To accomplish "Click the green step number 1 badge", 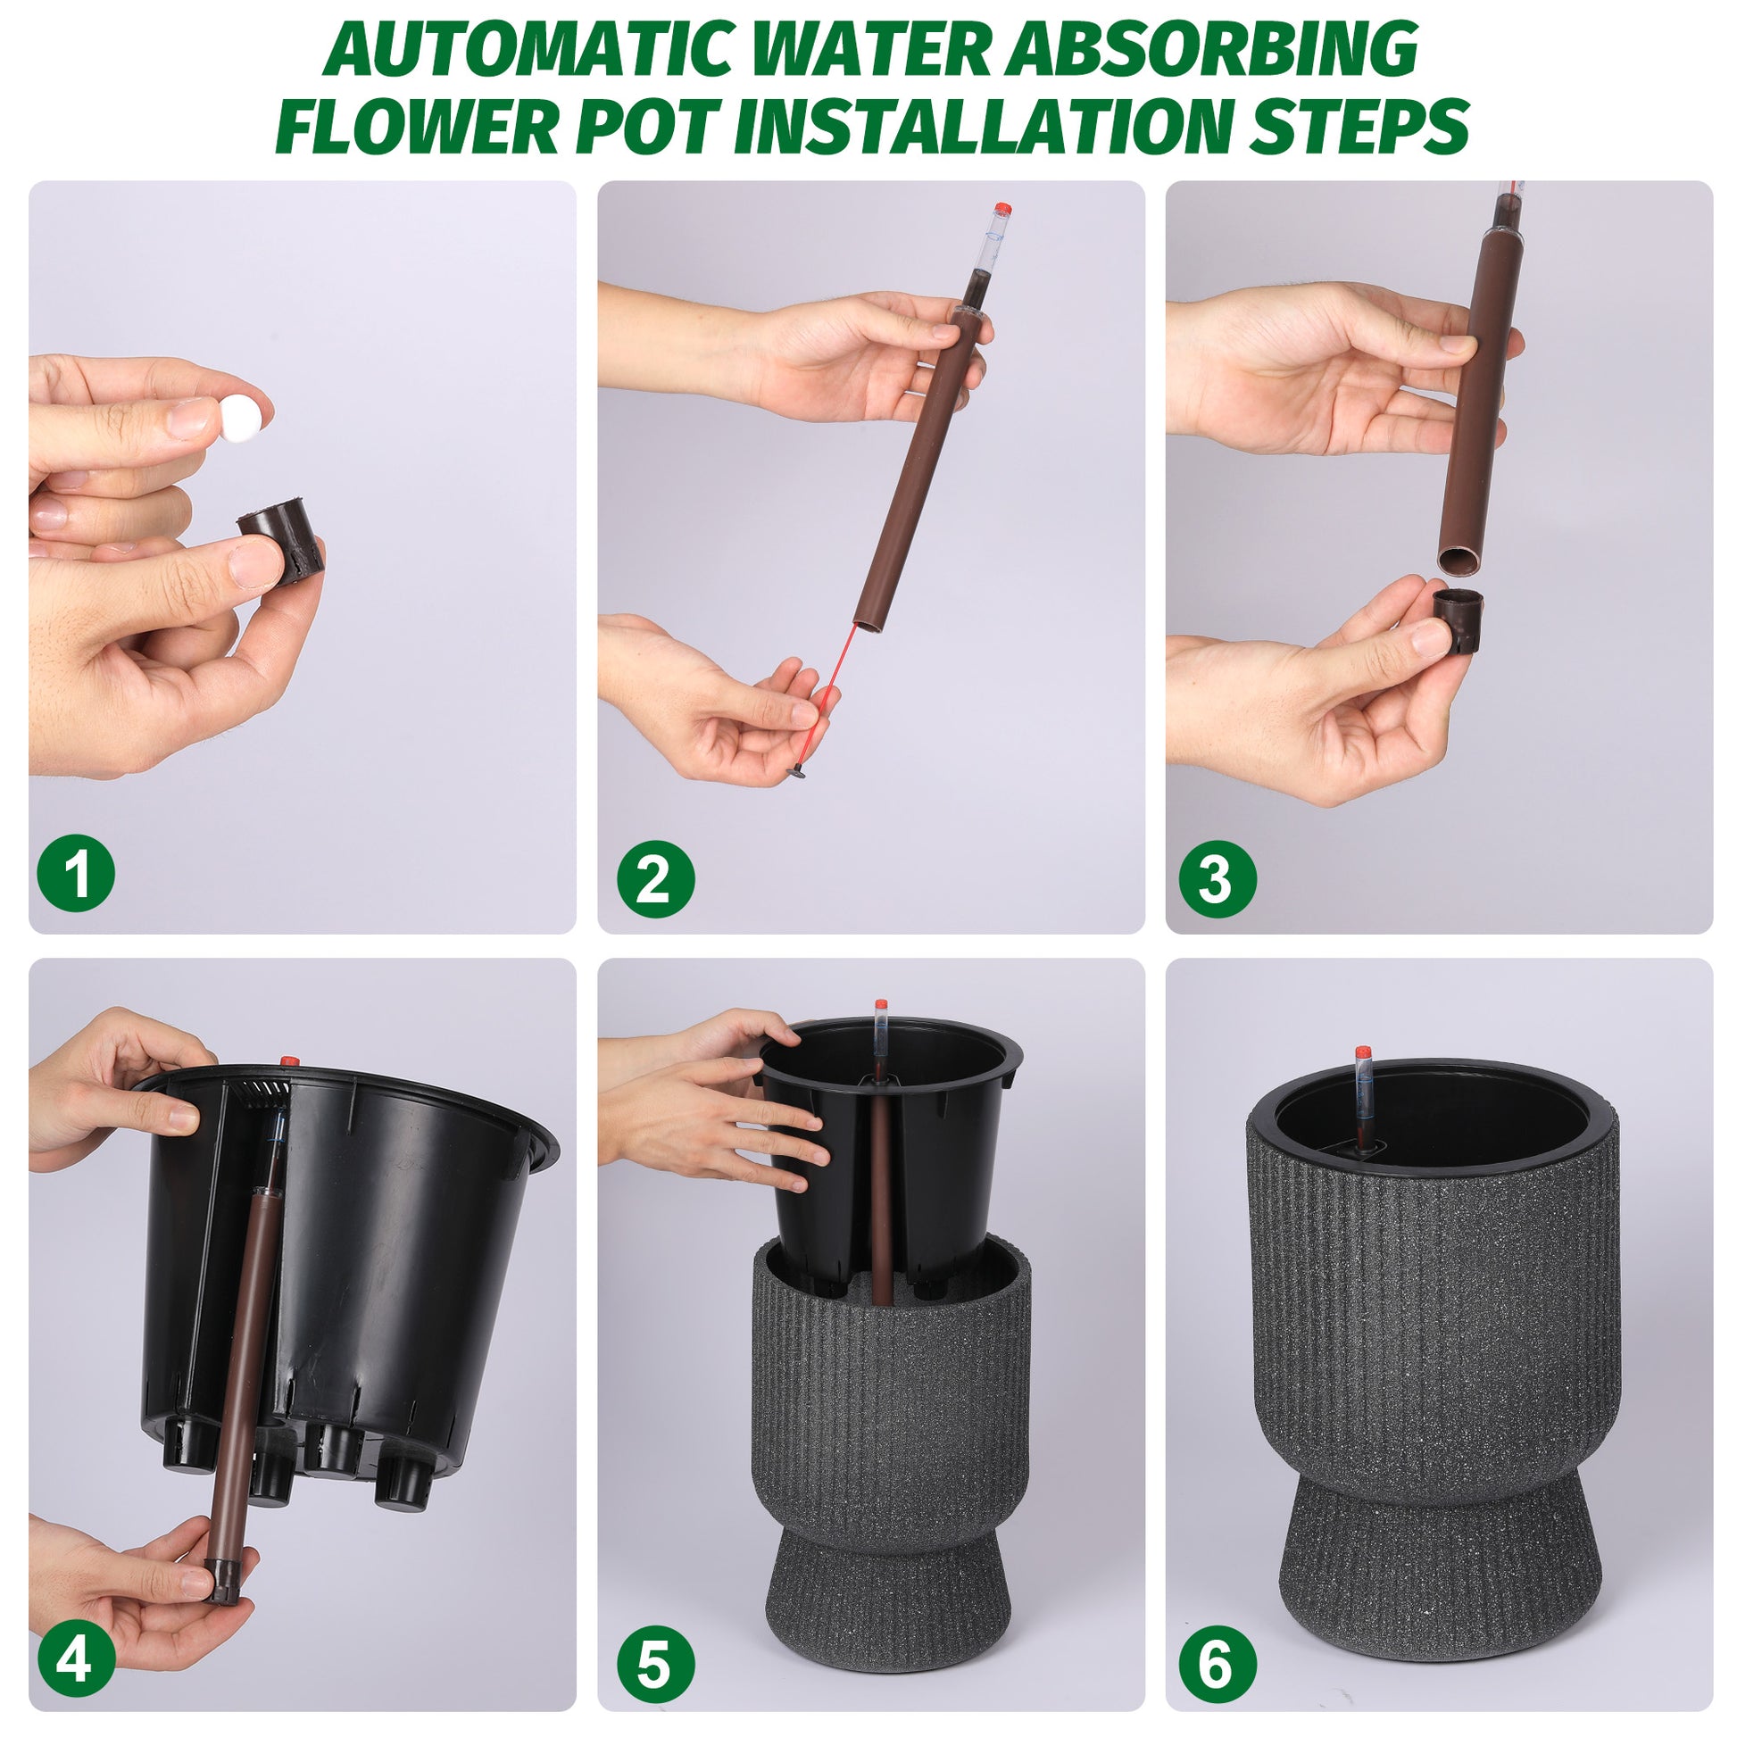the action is pyautogui.click(x=77, y=873).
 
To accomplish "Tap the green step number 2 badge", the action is pyautogui.click(x=655, y=878).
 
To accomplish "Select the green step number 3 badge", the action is pyautogui.click(x=1218, y=878).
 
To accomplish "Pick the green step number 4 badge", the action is pyautogui.click(x=77, y=1632).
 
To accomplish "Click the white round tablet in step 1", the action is pyautogui.click(x=245, y=417).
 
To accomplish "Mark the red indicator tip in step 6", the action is pyautogui.click(x=1363, y=1051).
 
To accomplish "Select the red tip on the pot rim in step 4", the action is pyautogui.click(x=289, y=1061).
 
